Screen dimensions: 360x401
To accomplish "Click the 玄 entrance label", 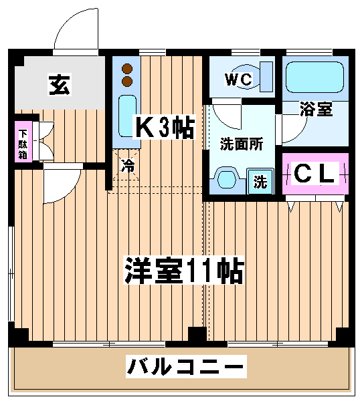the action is (x=60, y=85).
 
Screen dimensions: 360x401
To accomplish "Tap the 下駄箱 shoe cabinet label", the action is (x=23, y=144).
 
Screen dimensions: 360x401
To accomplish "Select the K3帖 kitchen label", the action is (x=164, y=127).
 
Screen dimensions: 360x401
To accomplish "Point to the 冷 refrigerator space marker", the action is (x=128, y=165).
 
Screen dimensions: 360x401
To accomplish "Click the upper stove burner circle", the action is (x=127, y=69).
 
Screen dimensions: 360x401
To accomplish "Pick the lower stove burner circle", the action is (x=127, y=81).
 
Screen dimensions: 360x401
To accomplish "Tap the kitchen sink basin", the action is (x=127, y=116).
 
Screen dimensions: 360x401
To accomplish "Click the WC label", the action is (x=239, y=80).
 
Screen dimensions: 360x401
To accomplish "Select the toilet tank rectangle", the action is (x=266, y=77).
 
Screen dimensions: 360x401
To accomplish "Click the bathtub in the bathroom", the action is (x=314, y=77).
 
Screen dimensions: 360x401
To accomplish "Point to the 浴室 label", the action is (x=316, y=109).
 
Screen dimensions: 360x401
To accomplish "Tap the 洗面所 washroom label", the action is (x=242, y=144).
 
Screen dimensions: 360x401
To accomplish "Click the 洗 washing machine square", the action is (x=260, y=181).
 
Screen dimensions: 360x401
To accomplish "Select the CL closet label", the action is (x=314, y=173).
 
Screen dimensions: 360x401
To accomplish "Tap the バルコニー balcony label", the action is (x=186, y=366).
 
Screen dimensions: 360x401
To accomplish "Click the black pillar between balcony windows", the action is (x=197, y=335).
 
